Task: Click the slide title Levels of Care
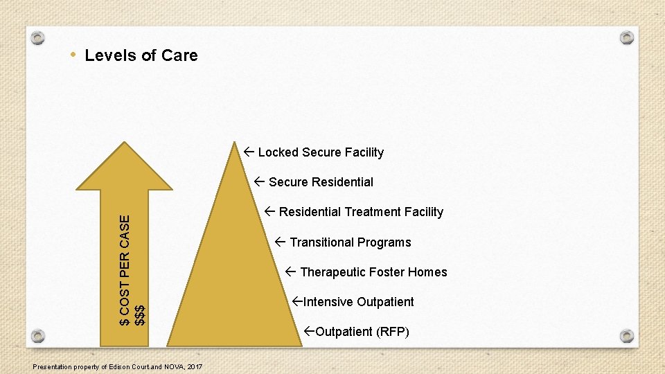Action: (141, 55)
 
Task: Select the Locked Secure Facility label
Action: (320, 152)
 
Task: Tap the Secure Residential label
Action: (320, 182)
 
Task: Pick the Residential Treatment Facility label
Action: (360, 212)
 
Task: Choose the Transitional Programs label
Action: (350, 242)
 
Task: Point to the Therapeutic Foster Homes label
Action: (373, 272)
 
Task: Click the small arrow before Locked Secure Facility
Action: (249, 152)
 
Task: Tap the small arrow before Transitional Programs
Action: (281, 242)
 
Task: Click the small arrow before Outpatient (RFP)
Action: (310, 332)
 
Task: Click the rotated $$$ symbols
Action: (140, 314)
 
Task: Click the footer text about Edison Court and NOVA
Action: (118, 366)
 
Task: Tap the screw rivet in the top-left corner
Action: (39, 37)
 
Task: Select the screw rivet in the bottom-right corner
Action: (626, 336)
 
